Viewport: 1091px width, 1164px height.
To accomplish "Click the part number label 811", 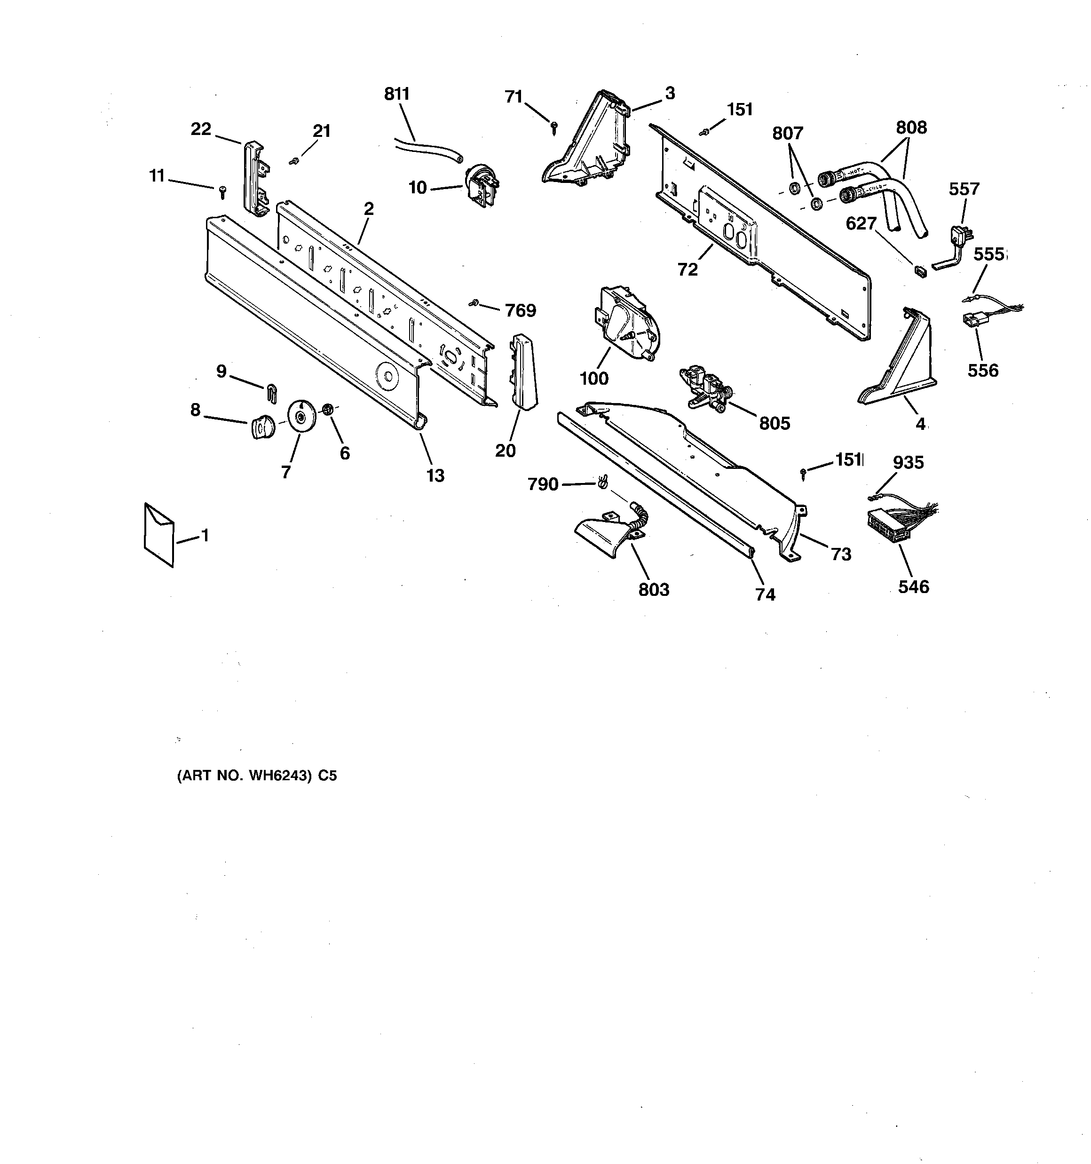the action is coord(396,94).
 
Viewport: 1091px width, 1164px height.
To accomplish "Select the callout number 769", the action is coord(520,310).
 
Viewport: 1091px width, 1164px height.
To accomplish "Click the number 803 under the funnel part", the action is coord(654,590).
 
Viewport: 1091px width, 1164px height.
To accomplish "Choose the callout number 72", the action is coord(688,269).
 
